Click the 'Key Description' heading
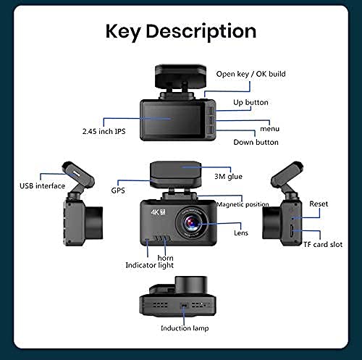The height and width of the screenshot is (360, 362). [x=181, y=32]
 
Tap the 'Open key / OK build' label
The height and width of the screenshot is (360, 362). [x=251, y=74]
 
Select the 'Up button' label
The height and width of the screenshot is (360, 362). [x=251, y=102]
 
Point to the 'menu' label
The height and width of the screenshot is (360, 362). [x=269, y=129]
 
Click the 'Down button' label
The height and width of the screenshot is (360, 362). [x=256, y=142]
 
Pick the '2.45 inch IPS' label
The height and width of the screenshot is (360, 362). [x=104, y=131]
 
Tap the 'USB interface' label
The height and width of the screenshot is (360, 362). [x=42, y=185]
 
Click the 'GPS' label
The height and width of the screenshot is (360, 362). [x=118, y=191]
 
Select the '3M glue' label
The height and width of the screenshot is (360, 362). [x=228, y=176]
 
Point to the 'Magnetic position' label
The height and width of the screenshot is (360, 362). [x=243, y=204]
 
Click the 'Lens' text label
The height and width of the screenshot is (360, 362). [x=241, y=233]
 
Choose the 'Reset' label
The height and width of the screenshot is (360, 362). [x=319, y=204]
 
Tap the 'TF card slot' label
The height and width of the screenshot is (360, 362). [x=323, y=244]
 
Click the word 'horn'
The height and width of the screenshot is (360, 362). [x=165, y=258]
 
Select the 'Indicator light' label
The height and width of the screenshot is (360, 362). [x=150, y=265]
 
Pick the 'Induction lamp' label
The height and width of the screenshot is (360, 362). [x=185, y=328]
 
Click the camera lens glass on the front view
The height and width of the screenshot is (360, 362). [x=192, y=223]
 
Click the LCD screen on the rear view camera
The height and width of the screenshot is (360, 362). [x=172, y=120]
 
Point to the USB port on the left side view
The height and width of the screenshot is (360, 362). [x=76, y=174]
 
